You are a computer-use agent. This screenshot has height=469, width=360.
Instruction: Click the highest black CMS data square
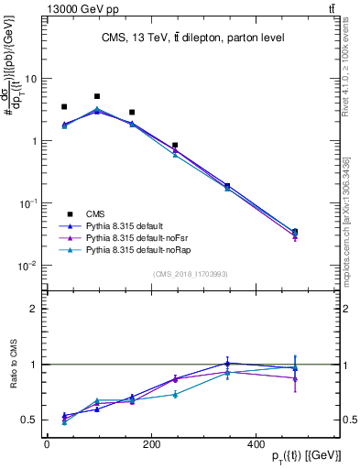tap(97, 96)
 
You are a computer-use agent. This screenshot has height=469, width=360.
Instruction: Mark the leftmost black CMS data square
tap(64, 107)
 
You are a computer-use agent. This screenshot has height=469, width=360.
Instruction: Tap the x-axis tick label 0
tap(47, 444)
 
